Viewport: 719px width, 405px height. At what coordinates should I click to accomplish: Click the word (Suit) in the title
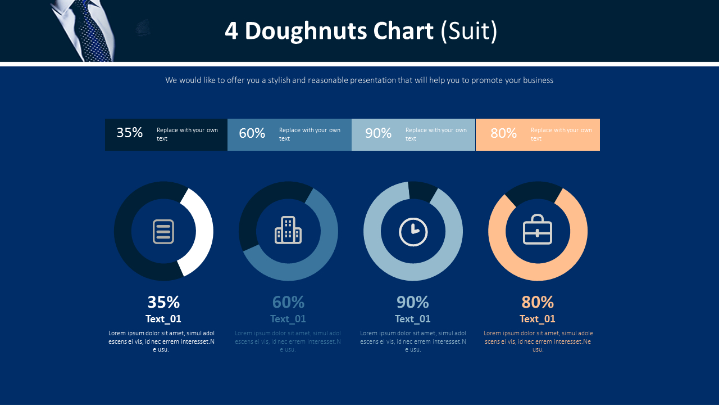(469, 31)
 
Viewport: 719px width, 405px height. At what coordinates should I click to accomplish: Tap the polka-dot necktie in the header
(93, 31)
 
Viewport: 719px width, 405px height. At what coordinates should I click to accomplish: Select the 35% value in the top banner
(129, 133)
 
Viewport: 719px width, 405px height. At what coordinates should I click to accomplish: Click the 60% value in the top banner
(252, 133)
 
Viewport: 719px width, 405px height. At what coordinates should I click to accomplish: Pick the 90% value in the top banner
(378, 133)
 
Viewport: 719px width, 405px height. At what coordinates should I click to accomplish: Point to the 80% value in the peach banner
(503, 133)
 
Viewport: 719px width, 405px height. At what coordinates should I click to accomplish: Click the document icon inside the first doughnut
(163, 231)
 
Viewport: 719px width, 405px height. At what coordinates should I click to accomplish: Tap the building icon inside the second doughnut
(288, 231)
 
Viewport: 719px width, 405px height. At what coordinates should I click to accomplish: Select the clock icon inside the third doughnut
(413, 232)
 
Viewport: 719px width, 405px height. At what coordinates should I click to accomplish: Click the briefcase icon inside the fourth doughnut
(538, 229)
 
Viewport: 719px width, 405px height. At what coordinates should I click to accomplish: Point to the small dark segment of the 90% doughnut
(422, 191)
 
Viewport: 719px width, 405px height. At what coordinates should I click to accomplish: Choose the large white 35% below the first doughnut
(163, 302)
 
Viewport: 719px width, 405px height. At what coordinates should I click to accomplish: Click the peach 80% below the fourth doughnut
(538, 302)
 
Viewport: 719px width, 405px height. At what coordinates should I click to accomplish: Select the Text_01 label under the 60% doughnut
(288, 319)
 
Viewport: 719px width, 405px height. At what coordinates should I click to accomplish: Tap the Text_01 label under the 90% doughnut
(413, 319)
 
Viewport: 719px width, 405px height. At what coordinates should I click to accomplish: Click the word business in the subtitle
(538, 80)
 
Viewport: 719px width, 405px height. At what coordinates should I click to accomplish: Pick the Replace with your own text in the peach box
(561, 134)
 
